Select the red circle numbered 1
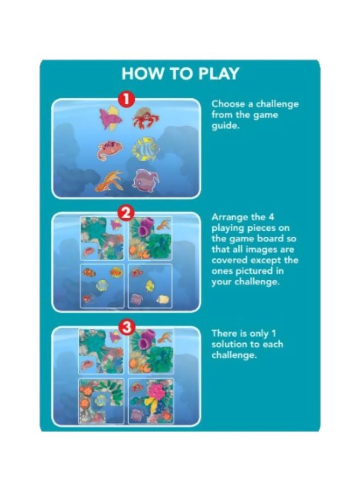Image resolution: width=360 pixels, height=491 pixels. tap(125, 99)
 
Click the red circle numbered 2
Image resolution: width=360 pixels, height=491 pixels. tap(125, 213)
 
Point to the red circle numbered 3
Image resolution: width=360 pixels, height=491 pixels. tap(126, 327)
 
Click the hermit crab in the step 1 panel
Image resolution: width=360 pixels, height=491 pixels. tap(145, 118)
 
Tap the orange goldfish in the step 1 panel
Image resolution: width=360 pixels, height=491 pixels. tap(109, 181)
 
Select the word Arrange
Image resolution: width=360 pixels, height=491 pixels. tap(230, 218)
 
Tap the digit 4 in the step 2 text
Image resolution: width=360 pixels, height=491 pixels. tap(271, 217)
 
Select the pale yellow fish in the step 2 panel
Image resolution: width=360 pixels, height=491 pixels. tap(163, 299)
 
